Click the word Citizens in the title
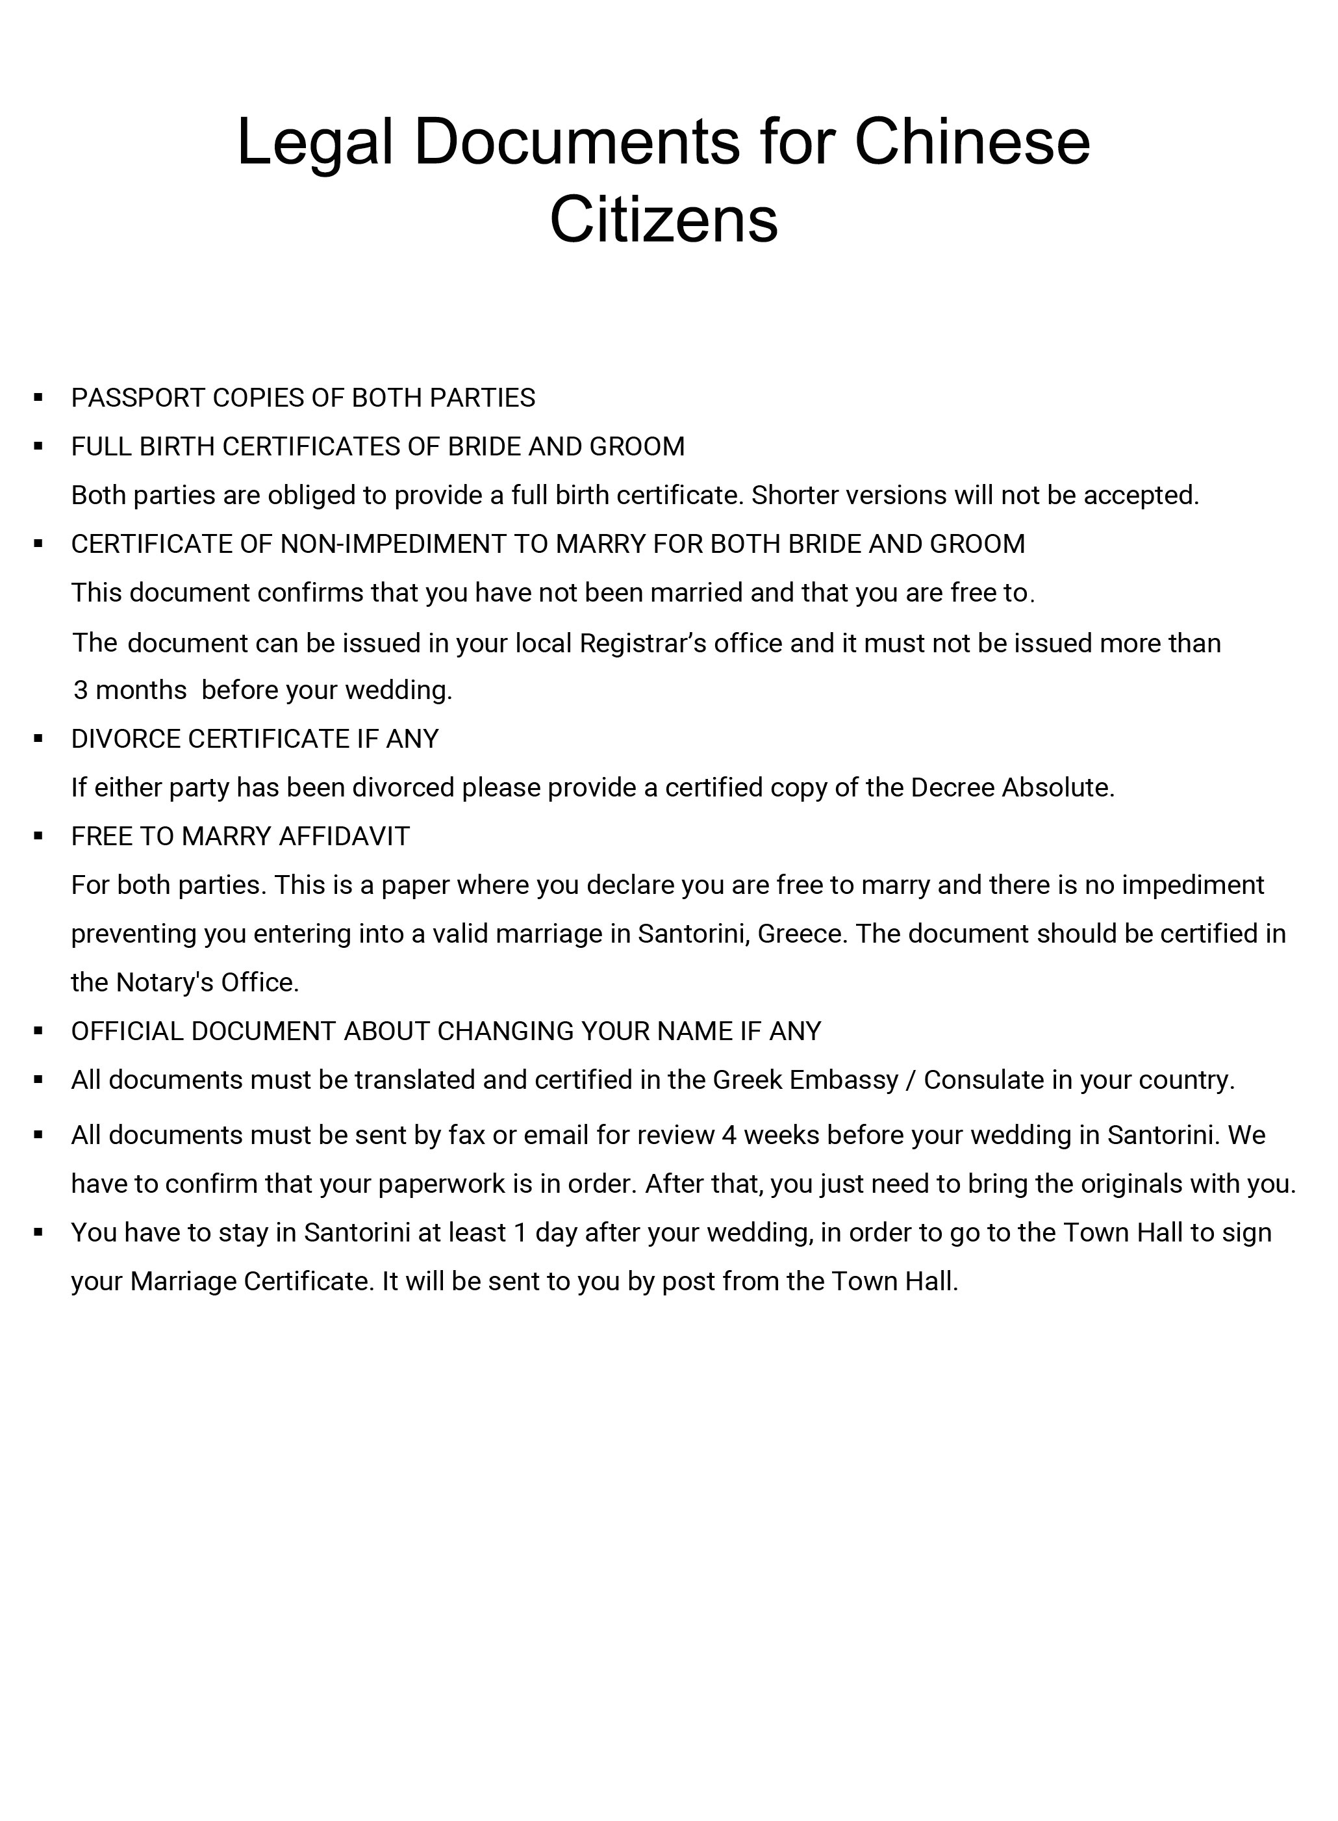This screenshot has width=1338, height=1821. (664, 219)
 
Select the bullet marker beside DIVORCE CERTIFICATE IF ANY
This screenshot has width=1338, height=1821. (38, 738)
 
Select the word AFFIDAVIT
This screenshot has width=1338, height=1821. (344, 836)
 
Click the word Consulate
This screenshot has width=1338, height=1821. (984, 1080)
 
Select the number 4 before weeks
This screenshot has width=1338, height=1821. (728, 1135)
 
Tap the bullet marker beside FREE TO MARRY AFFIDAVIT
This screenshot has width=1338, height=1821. (38, 835)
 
